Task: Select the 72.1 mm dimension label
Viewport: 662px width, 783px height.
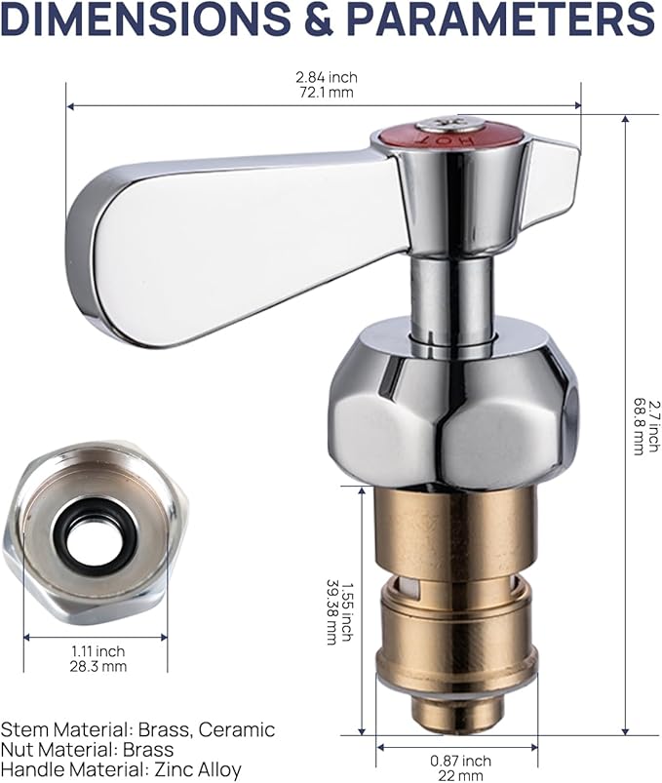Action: click(x=325, y=93)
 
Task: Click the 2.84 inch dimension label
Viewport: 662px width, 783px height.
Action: click(x=325, y=77)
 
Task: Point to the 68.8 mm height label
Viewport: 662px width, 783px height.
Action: click(x=640, y=425)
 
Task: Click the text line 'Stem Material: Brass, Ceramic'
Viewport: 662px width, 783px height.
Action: click(x=137, y=729)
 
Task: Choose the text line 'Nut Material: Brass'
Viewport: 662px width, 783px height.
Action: click(x=87, y=750)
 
